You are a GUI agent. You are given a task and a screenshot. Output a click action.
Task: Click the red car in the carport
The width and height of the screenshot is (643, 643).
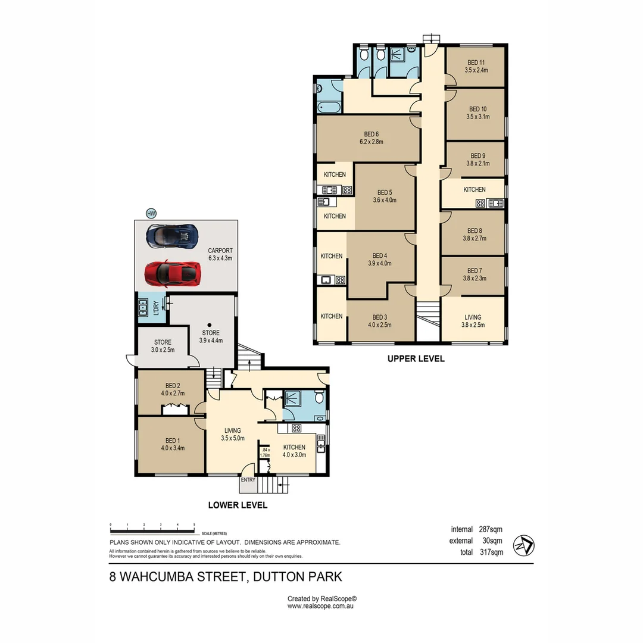click(173, 273)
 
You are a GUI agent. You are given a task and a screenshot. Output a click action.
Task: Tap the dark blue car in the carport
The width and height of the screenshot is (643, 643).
click(172, 236)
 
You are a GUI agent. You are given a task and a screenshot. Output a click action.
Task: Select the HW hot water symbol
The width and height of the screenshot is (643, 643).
click(151, 213)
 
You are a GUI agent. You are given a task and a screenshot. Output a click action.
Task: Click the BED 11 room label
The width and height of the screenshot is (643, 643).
click(476, 66)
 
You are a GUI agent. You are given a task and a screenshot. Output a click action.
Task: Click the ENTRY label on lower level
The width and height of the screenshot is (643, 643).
click(248, 480)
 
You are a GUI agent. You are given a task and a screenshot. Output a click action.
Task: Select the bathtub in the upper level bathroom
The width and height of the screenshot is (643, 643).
click(328, 108)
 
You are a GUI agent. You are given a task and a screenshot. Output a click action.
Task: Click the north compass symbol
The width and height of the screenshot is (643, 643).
click(523, 545)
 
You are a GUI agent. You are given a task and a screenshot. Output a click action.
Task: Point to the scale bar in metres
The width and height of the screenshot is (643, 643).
click(152, 529)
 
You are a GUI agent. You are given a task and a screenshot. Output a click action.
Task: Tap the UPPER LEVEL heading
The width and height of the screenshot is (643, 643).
click(416, 359)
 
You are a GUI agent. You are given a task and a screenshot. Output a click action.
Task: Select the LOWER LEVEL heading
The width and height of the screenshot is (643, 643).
click(238, 505)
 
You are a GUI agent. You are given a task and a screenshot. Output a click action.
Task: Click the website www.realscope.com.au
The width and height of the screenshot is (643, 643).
click(321, 606)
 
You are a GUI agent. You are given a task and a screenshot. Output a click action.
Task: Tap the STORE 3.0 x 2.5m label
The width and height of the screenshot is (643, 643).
click(163, 346)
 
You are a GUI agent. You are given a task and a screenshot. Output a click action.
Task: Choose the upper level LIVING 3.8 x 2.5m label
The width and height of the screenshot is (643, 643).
click(473, 321)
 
